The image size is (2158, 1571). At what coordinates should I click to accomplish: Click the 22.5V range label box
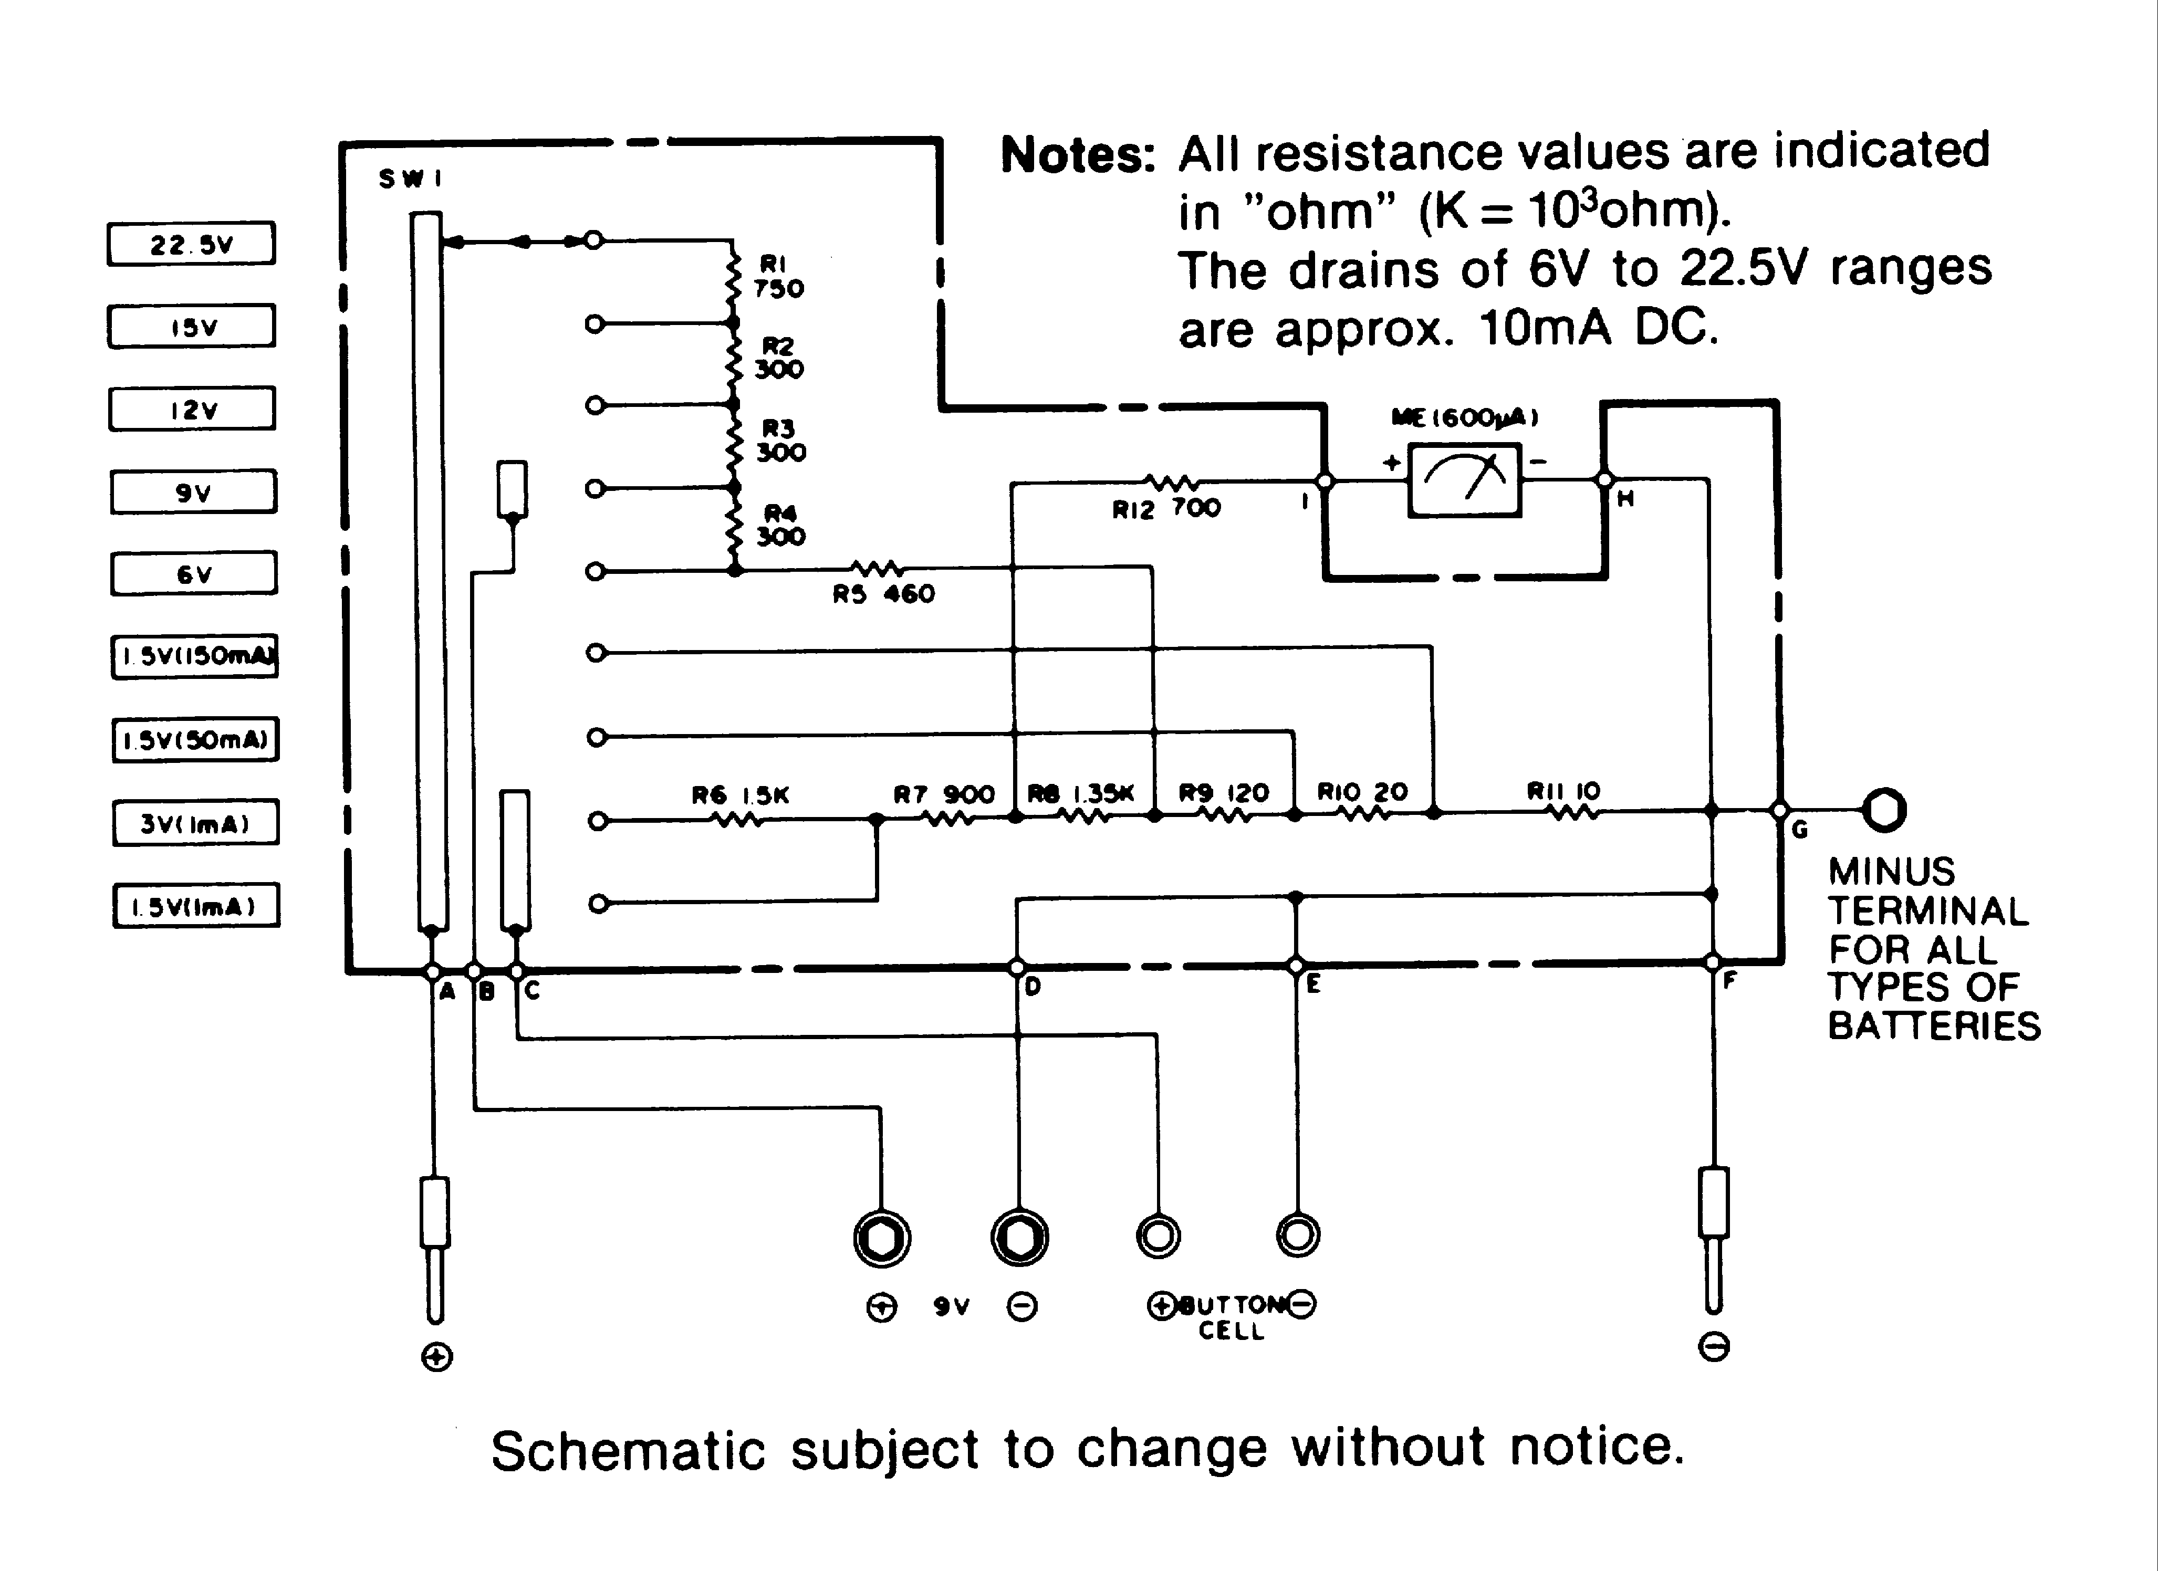click(x=191, y=244)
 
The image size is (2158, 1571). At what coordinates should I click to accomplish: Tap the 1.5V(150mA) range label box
click(x=195, y=656)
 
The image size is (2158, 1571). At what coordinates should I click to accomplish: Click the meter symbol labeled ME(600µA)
click(x=1464, y=480)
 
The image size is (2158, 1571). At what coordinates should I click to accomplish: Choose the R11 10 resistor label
click(x=1563, y=791)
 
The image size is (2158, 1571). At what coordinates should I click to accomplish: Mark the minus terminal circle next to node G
click(x=1884, y=810)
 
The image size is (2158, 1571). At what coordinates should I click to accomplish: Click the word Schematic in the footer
click(x=628, y=1451)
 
